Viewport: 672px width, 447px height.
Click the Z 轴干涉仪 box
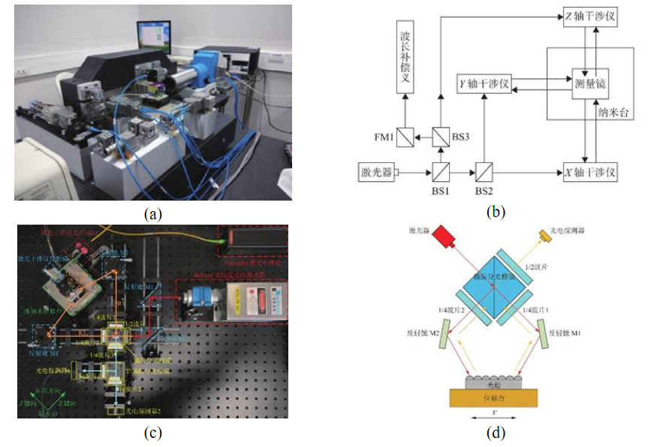tap(590, 17)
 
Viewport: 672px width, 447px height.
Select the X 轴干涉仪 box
tap(590, 172)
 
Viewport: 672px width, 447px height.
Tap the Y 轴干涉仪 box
tap(484, 84)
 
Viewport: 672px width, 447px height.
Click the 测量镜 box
tap(589, 84)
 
